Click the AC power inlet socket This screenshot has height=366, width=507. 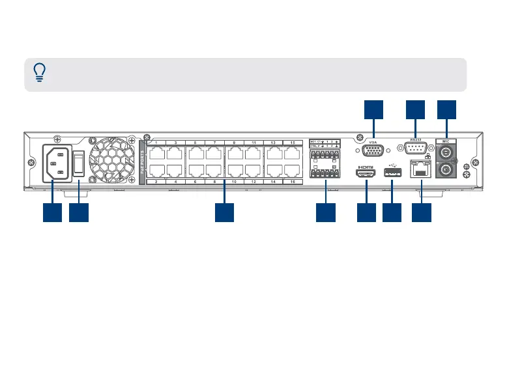pos(57,162)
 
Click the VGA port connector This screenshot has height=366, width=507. pos(373,151)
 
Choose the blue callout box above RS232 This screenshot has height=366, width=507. pos(415,110)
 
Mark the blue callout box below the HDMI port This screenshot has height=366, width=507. pos(367,212)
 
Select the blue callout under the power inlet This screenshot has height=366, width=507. pos(52,212)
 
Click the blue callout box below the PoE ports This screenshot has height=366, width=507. pos(224,212)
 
